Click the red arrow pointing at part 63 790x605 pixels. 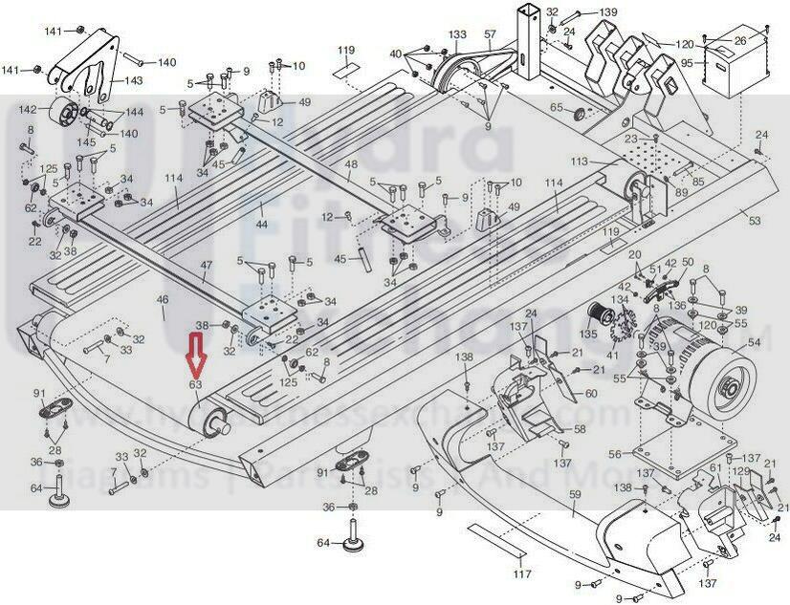(195, 356)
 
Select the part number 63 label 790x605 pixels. (195, 384)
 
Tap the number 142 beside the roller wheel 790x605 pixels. (28, 109)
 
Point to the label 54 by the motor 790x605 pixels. (754, 342)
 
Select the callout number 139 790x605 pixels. (608, 11)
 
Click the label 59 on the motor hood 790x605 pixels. (575, 494)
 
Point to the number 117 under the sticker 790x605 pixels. (521, 573)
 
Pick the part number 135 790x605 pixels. (588, 335)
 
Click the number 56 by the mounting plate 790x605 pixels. (614, 454)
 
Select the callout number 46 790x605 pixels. (162, 300)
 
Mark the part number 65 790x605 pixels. (556, 108)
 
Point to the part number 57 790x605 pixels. (491, 34)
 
